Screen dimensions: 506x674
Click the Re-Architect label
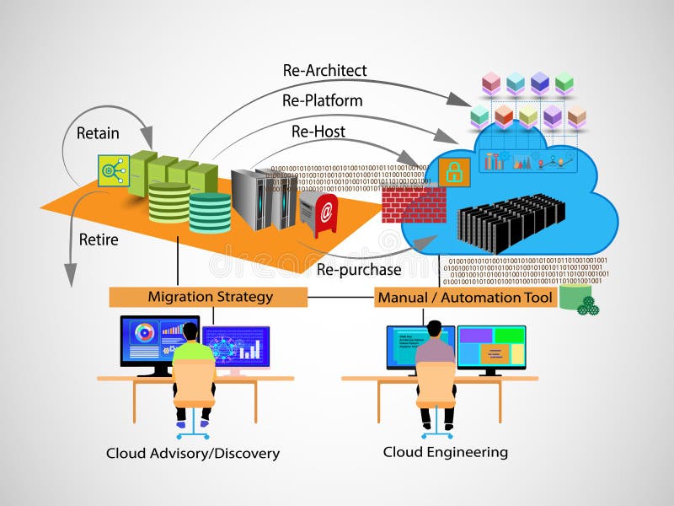(x=324, y=71)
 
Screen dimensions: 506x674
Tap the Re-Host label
(x=318, y=132)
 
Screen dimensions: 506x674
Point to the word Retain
(x=98, y=133)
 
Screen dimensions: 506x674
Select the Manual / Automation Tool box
(x=465, y=298)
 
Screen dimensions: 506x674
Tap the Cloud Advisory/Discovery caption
(x=192, y=454)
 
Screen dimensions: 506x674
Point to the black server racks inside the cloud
(x=510, y=221)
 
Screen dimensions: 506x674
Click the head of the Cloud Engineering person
(x=435, y=327)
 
